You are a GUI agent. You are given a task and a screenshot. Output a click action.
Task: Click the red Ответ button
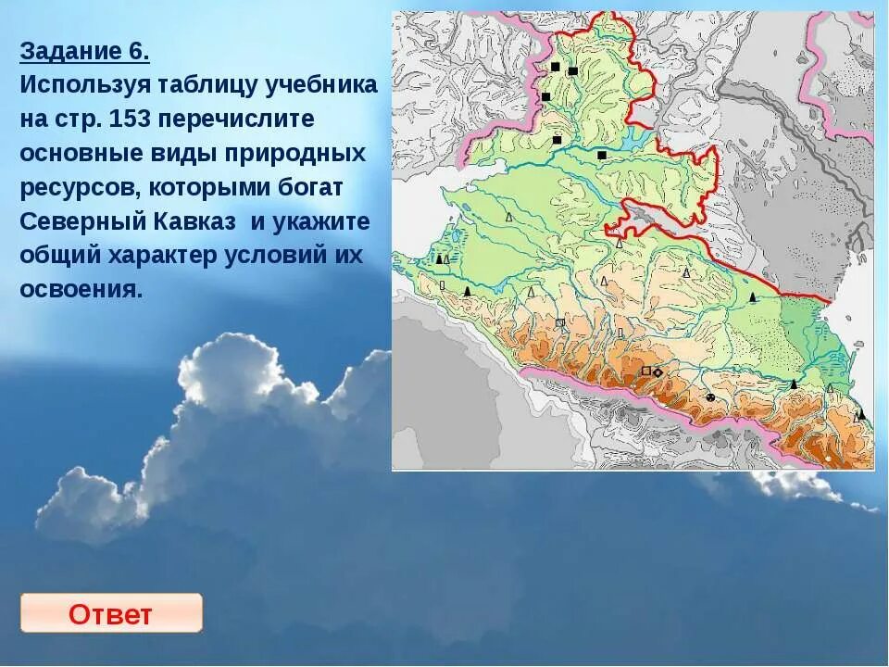[x=110, y=613]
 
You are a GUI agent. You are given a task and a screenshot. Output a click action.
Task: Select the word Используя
[x=81, y=85]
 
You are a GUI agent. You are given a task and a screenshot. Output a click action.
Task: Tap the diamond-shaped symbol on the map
[x=657, y=372]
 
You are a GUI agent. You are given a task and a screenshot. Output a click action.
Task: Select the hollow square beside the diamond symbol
[x=645, y=371]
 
